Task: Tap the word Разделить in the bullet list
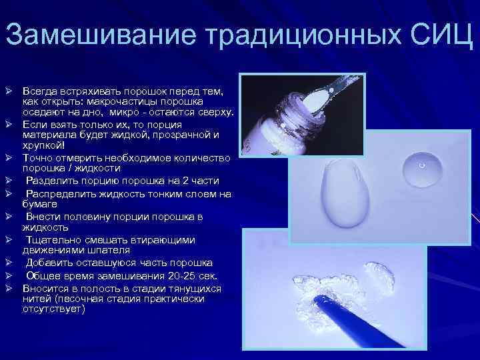pyautogui.click(x=49, y=181)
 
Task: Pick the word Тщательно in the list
pyautogui.click(x=51, y=240)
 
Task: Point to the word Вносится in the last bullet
pyautogui.click(x=43, y=289)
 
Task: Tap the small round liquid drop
pyautogui.click(x=422, y=167)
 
